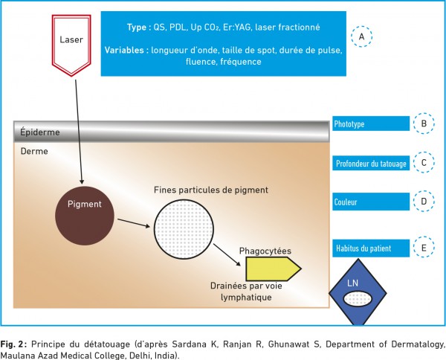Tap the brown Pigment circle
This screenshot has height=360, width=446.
[85, 216]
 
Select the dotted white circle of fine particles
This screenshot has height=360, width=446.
[184, 229]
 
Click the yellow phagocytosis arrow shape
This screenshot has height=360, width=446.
[273, 269]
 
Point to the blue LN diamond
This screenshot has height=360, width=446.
[358, 292]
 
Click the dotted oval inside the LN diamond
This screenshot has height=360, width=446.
[358, 299]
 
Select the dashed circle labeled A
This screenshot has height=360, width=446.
[361, 36]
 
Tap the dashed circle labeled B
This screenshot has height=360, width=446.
[424, 123]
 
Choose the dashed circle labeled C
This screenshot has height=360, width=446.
[424, 162]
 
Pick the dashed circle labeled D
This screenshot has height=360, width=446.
[424, 202]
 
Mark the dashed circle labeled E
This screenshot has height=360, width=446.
[424, 247]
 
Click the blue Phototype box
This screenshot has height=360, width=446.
[371, 123]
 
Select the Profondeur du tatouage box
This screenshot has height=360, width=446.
[371, 163]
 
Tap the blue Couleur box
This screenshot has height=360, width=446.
[371, 202]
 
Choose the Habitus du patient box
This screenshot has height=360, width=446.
[371, 248]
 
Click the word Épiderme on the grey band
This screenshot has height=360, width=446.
[40, 132]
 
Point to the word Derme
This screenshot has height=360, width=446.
[34, 151]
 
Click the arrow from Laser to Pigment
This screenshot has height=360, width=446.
[79, 132]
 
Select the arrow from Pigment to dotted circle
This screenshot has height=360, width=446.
[134, 223]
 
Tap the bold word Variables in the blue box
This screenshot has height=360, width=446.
[125, 50]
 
